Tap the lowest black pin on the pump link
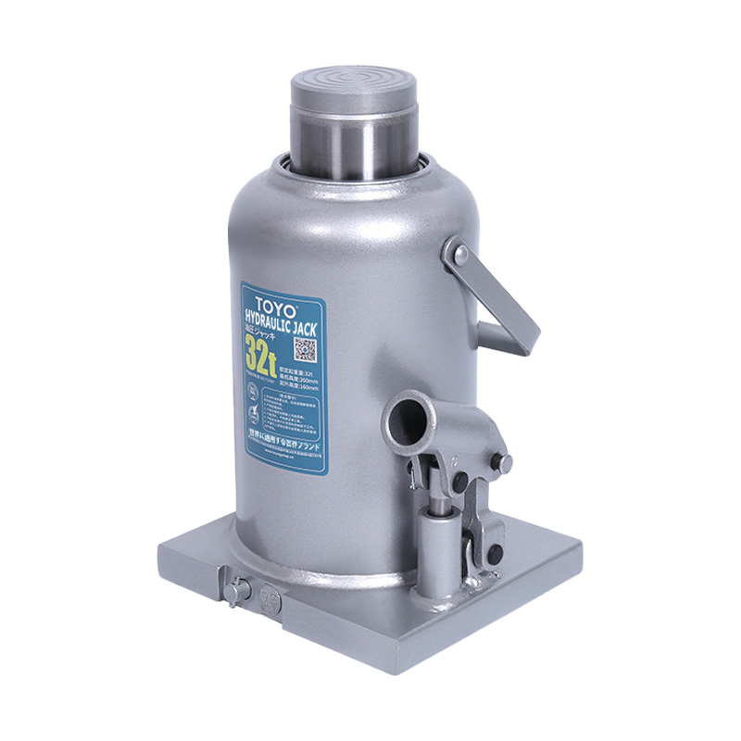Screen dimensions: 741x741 493,554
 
